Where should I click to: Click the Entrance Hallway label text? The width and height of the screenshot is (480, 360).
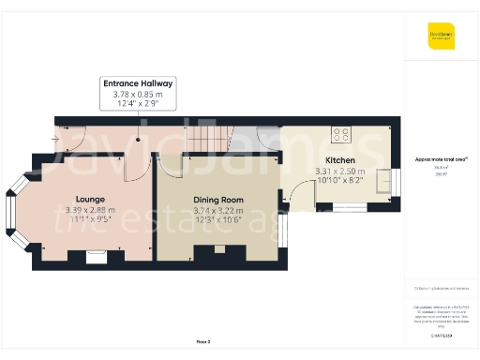click(x=138, y=83)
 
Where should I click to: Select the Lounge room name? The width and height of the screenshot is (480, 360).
click(x=90, y=199)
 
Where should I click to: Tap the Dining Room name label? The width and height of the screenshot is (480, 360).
click(x=218, y=200)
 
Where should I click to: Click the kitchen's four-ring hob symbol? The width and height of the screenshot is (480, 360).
click(x=341, y=134)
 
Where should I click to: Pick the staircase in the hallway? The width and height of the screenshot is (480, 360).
click(x=207, y=138)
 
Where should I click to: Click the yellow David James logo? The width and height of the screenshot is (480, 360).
click(x=442, y=37)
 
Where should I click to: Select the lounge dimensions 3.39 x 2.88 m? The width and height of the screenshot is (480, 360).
click(x=90, y=210)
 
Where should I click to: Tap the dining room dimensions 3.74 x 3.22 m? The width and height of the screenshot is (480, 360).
click(x=218, y=211)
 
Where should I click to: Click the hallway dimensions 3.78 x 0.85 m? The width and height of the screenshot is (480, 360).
click(x=138, y=94)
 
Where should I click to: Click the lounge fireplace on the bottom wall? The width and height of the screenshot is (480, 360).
click(x=97, y=254)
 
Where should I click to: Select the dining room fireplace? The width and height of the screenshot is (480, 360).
click(x=220, y=250)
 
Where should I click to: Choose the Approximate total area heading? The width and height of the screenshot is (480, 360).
click(x=442, y=159)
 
